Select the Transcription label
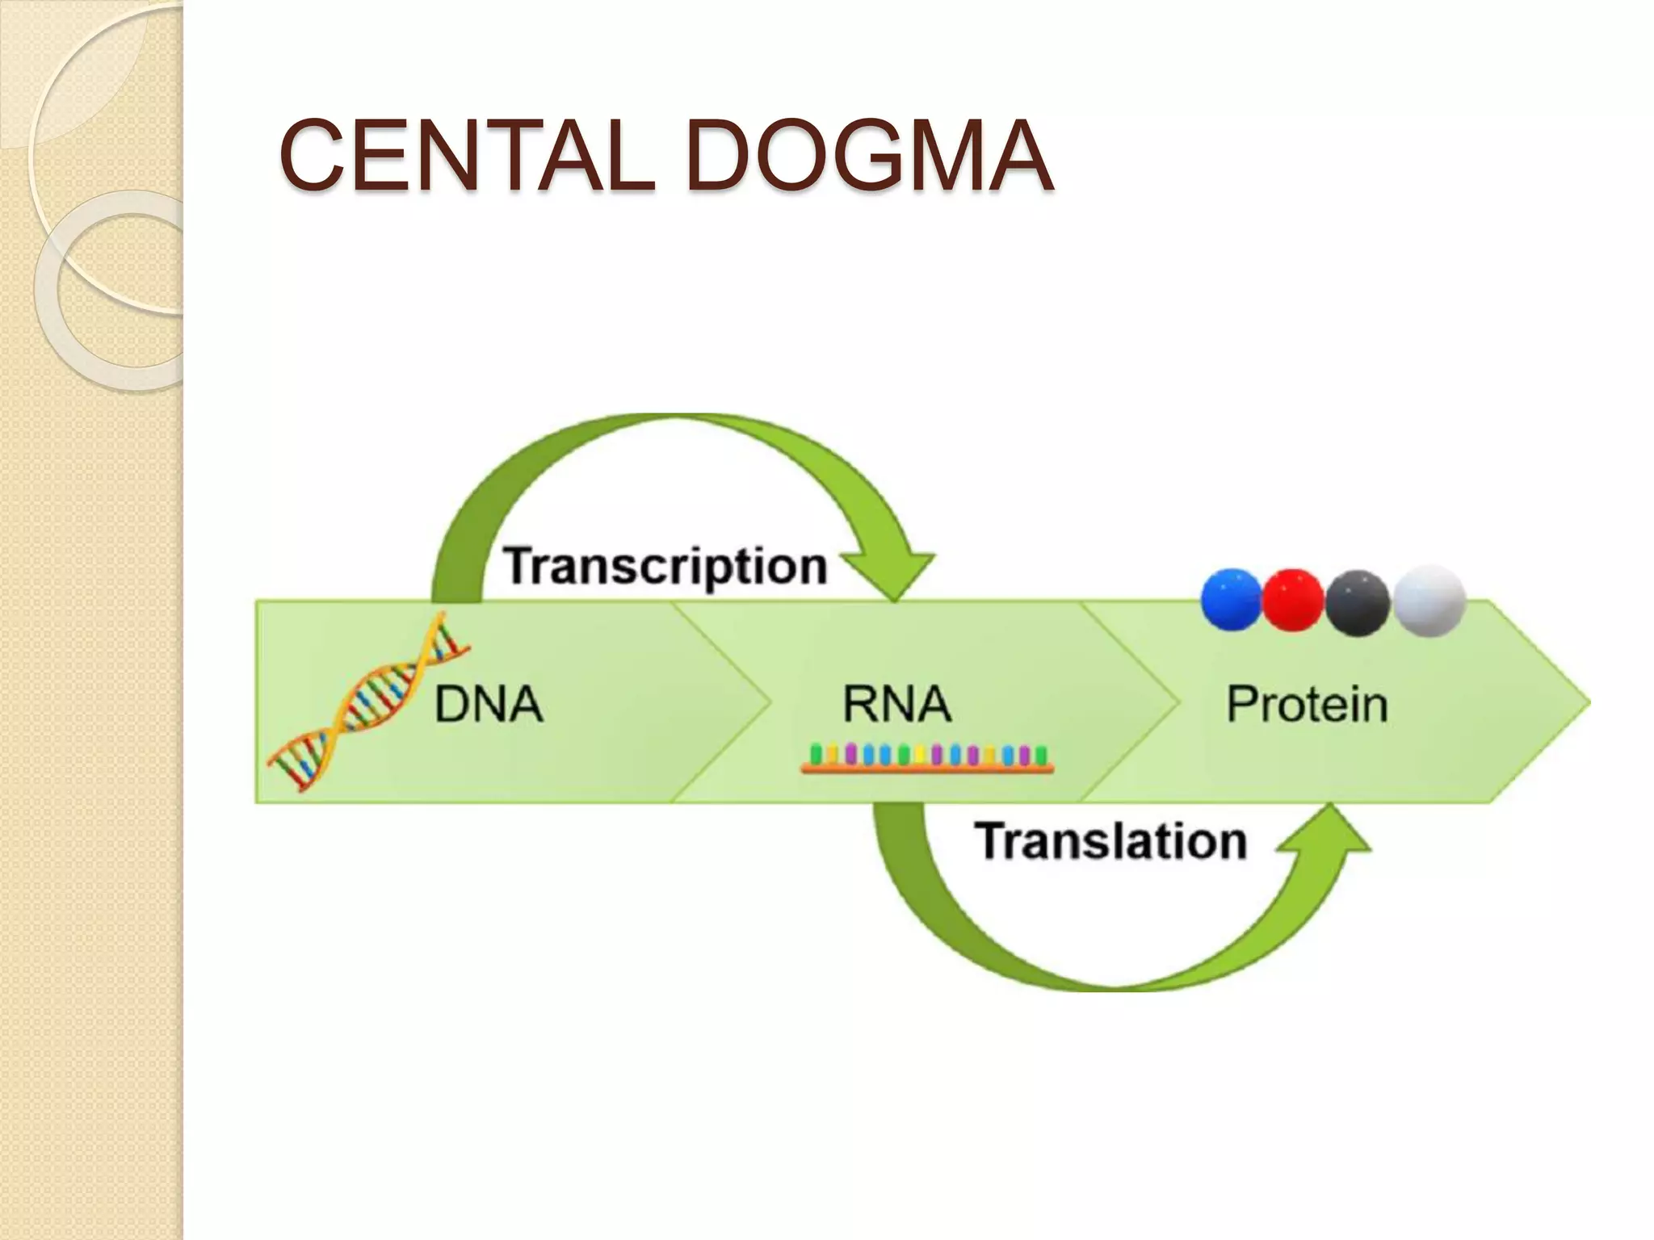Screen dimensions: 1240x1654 (665, 566)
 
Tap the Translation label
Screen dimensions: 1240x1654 (1111, 841)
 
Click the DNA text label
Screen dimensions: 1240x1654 (489, 704)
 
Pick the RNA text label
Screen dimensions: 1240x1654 (896, 704)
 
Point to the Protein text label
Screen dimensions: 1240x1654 (1307, 704)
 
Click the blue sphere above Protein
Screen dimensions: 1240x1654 (1231, 600)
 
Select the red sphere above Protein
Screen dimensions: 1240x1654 (1293, 600)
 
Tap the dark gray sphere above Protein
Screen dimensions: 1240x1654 (1357, 602)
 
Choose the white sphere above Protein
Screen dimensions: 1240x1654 (1429, 601)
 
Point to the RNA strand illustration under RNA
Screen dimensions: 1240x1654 (927, 759)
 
